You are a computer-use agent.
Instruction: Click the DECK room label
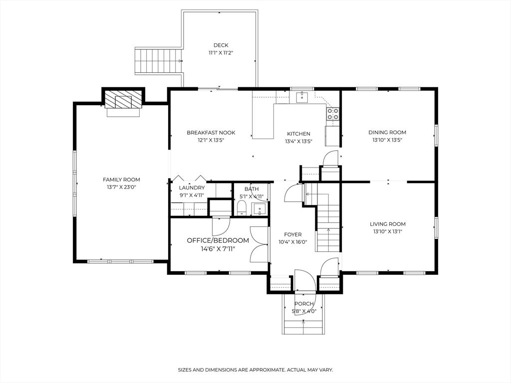(x=221, y=45)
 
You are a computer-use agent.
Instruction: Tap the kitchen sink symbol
(x=302, y=97)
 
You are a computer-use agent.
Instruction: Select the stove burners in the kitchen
(x=333, y=114)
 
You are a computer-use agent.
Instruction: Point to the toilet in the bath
(x=242, y=208)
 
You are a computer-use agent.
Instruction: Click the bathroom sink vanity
(x=259, y=208)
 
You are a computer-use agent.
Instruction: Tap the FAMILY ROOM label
(x=121, y=180)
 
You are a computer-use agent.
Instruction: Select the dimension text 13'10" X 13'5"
(x=387, y=140)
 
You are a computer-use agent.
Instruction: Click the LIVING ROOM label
(x=387, y=224)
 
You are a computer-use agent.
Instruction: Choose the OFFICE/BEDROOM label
(x=218, y=240)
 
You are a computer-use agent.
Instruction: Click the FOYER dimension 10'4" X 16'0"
(x=292, y=242)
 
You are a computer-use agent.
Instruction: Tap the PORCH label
(x=304, y=304)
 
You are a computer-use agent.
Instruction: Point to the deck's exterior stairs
(x=158, y=61)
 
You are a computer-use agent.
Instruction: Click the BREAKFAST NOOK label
(x=211, y=133)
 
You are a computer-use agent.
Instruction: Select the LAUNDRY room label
(x=192, y=188)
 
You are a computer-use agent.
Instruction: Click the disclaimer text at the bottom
(x=255, y=370)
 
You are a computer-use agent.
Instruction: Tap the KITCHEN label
(x=298, y=134)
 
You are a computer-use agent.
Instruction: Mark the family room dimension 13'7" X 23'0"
(x=121, y=188)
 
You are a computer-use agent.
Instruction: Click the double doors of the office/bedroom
(x=259, y=244)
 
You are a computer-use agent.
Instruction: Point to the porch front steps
(x=304, y=327)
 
